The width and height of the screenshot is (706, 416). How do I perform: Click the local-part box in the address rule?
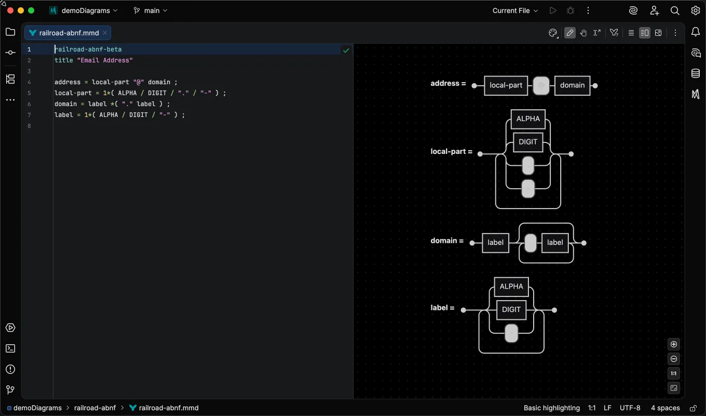point(506,85)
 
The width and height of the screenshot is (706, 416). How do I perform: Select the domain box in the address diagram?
point(572,85)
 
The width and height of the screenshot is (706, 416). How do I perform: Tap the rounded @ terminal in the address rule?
point(541,85)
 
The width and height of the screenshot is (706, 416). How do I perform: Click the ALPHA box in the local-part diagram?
point(528,119)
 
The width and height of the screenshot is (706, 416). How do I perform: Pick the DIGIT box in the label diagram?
point(511,309)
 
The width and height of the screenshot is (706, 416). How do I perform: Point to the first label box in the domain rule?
point(495,242)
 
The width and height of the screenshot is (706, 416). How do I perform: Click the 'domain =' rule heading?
point(447,241)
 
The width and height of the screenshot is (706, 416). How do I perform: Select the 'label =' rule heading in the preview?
point(442,308)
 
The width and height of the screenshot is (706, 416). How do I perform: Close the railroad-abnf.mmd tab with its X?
point(105,33)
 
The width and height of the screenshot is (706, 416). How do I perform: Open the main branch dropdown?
point(151,11)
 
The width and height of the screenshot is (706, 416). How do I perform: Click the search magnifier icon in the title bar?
point(674,11)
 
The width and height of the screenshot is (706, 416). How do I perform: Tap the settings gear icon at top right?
point(695,11)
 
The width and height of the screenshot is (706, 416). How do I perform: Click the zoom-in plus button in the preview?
point(673,344)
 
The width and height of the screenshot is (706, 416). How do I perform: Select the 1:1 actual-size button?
point(673,373)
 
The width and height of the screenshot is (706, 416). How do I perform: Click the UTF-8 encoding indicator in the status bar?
point(630,408)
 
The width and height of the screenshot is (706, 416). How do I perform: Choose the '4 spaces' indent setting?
point(665,408)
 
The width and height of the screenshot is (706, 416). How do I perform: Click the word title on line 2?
point(64,60)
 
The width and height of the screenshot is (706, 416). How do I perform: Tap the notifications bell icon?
point(695,32)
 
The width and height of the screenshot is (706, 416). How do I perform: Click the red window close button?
point(10,10)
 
